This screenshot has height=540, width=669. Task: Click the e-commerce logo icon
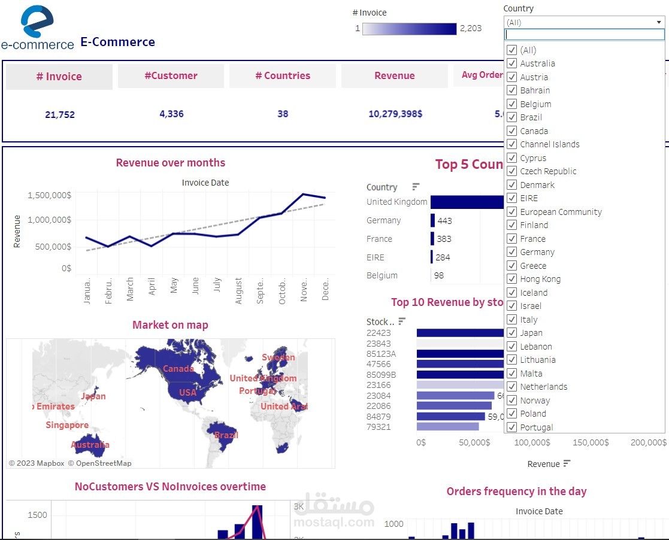click(37, 22)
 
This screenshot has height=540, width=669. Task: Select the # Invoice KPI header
click(59, 77)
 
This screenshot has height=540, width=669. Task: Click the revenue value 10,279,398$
click(395, 114)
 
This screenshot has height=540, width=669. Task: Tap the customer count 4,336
click(171, 114)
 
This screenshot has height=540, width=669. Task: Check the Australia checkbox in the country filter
click(512, 63)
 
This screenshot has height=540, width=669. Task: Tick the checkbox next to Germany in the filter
click(512, 252)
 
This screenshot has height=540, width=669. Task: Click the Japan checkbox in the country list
click(512, 333)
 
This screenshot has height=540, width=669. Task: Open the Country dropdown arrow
click(659, 23)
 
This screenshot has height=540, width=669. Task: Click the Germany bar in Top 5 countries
click(432, 220)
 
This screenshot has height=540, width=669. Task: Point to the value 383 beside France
click(444, 239)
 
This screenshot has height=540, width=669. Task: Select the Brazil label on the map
click(226, 435)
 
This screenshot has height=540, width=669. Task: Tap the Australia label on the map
click(90, 445)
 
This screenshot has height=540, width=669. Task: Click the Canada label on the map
click(178, 369)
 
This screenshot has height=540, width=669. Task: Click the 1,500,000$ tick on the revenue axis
click(49, 195)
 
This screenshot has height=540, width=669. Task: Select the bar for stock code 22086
click(454, 406)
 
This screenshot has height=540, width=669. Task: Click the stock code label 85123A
click(381, 354)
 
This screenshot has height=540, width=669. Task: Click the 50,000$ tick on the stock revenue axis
click(474, 442)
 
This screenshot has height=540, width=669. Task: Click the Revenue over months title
click(171, 163)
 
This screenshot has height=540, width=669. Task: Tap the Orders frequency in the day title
click(516, 492)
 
